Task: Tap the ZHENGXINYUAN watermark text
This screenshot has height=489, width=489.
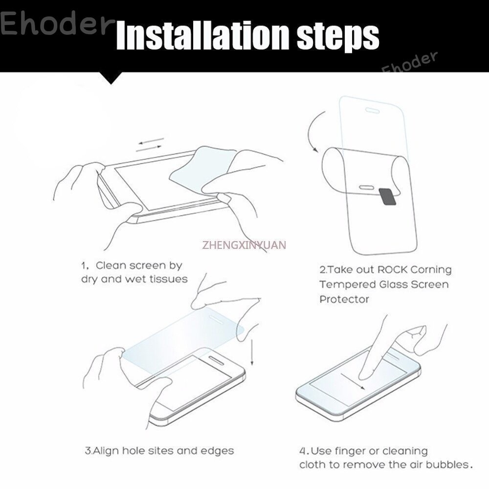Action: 244,245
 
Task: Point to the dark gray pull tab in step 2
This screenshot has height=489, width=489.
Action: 387,197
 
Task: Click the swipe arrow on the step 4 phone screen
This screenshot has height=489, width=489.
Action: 353,381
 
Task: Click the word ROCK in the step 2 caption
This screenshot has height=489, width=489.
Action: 392,269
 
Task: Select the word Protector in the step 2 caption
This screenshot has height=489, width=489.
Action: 344,299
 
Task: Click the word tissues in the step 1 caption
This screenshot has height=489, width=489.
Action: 168,279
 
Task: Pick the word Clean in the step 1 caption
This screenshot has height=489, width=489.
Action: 111,266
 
